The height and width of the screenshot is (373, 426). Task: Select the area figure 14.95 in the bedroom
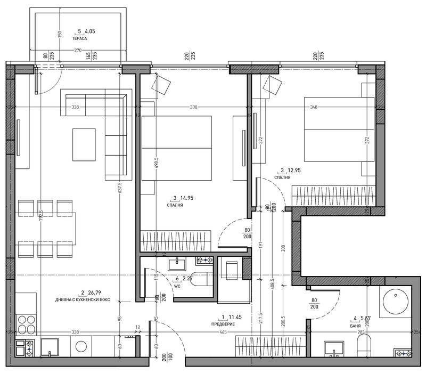pyautogui.click(x=186, y=197)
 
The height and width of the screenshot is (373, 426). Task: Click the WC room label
pyautogui.click(x=170, y=285)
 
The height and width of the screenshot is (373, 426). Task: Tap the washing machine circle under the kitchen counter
pyautogui.click(x=80, y=346)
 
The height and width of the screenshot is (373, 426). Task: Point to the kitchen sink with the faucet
pyautogui.click(x=50, y=347)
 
